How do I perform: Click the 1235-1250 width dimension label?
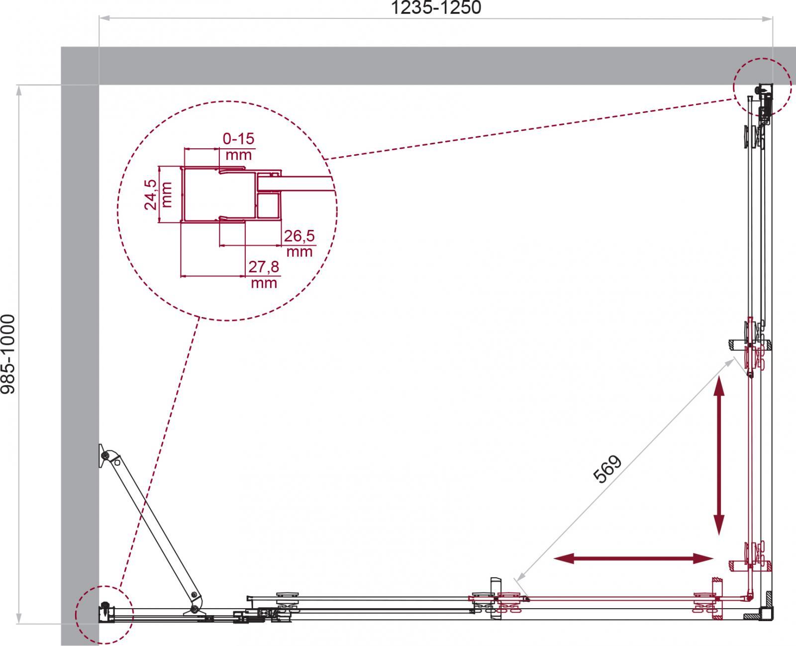coord(436,7)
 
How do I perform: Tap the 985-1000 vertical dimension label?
coord(8,354)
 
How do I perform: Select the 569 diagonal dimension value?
coord(607,469)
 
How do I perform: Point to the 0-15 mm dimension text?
coord(238,146)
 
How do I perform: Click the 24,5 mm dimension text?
coord(158,195)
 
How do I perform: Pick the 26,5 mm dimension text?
coord(299,243)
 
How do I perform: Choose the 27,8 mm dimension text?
coord(264,274)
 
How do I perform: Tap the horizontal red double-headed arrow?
coord(633,569)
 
